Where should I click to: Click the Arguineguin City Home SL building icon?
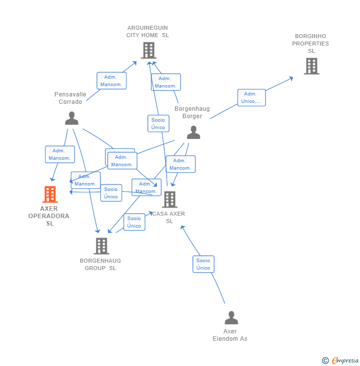pos(148,50)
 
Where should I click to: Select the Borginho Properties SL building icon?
pos(311,66)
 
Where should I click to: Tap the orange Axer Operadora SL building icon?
pos(50,194)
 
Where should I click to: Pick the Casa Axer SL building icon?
pos(170,199)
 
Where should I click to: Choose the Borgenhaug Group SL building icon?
pos(101,246)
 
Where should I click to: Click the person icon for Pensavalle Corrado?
pos(72,118)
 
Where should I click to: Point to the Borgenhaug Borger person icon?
pos(193,132)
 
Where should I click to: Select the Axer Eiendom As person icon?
pos(231,318)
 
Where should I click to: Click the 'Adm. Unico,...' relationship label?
pos(251,97)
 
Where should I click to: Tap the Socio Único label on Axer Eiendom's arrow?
pos(203,264)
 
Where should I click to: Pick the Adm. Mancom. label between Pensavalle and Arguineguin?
pos(111,81)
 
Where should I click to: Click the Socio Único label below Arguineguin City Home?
pos(158,124)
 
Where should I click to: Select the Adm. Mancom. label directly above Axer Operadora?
pos(59,154)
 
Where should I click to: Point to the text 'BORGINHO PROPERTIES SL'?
pos(311,44)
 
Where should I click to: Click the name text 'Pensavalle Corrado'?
pos(70,98)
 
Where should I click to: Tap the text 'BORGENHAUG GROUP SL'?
pos(100,264)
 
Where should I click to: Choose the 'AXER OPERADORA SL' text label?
pos(49,216)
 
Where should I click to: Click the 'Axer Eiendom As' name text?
pos(230,335)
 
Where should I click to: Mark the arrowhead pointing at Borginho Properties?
pos(292,78)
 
